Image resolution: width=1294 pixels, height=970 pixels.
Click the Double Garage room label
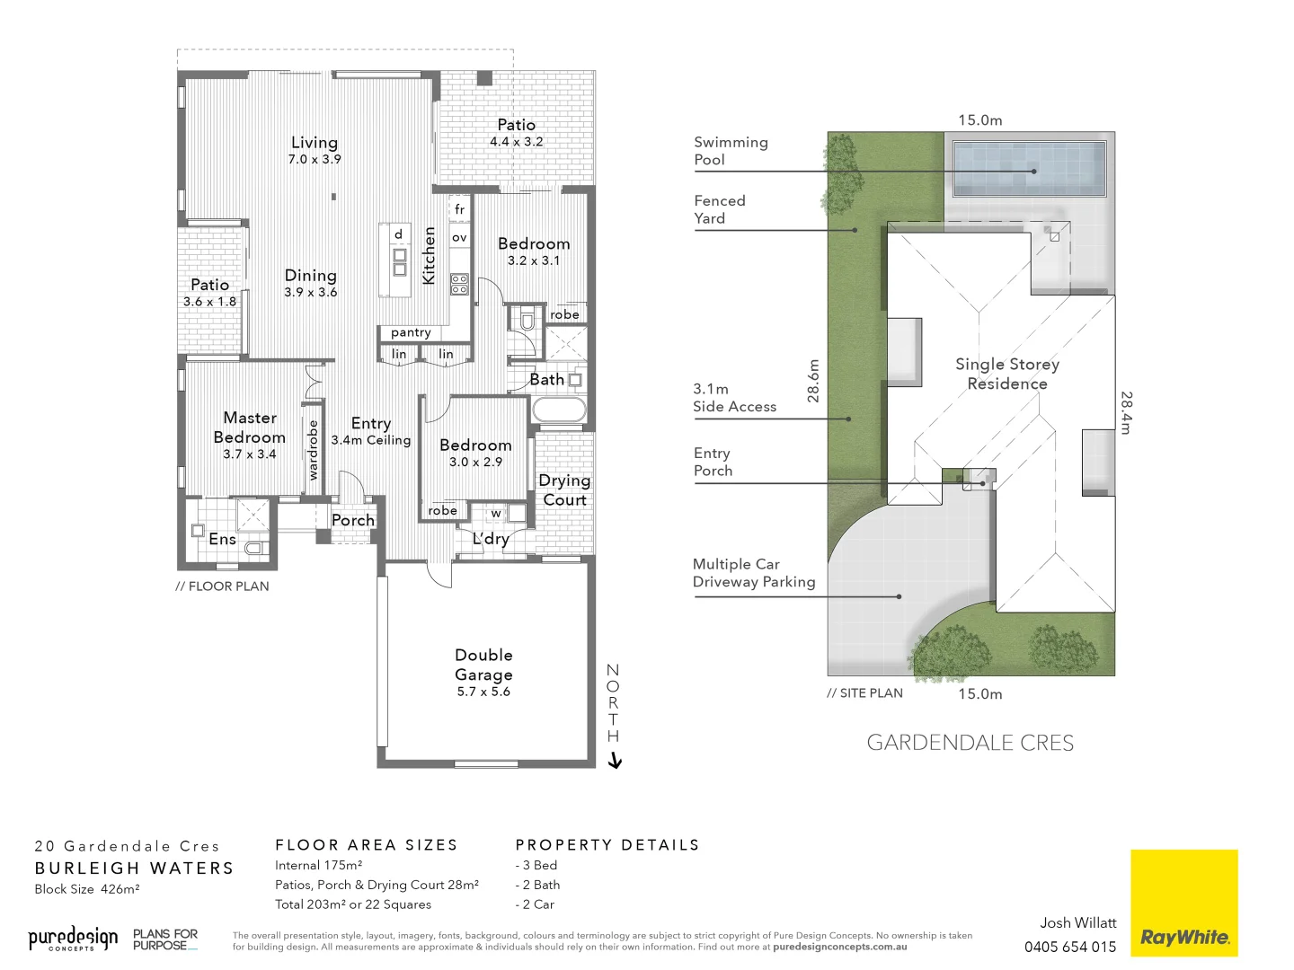click(x=483, y=665)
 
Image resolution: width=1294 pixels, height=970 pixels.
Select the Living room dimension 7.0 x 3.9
click(x=315, y=159)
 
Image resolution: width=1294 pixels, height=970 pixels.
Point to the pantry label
click(x=411, y=332)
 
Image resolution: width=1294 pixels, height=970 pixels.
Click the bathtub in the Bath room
click(x=559, y=410)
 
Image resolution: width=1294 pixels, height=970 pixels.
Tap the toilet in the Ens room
click(x=254, y=547)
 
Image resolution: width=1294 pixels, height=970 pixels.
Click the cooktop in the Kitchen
click(x=459, y=285)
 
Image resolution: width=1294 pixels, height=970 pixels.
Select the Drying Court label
click(x=564, y=490)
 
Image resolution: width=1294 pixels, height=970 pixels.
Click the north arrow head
click(x=615, y=763)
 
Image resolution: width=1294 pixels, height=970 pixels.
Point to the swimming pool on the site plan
click(x=1029, y=168)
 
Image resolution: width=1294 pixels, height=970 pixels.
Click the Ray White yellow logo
click(x=1183, y=903)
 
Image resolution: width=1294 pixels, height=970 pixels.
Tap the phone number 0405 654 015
click(x=1070, y=947)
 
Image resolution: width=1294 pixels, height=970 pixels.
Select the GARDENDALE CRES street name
click(x=970, y=743)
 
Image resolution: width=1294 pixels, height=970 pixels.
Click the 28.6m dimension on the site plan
click(x=814, y=380)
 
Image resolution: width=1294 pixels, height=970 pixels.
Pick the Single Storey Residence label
click(x=1007, y=374)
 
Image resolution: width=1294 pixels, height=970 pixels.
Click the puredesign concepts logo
click(x=73, y=939)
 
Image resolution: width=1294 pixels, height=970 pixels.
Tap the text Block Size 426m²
click(x=87, y=889)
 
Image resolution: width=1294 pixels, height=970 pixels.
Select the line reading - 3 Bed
click(x=536, y=865)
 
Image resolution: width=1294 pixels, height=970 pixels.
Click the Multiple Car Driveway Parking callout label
click(x=754, y=573)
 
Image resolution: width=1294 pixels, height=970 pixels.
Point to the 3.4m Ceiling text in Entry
click(x=371, y=440)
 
